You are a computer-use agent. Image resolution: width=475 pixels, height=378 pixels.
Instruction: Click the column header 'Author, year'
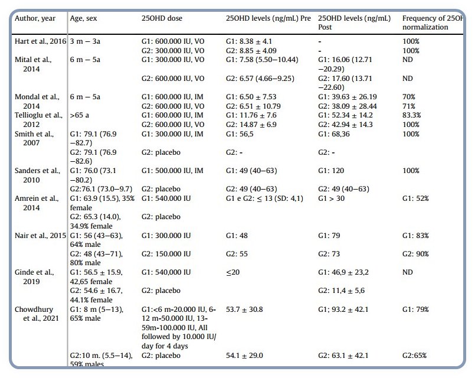click(x=35, y=18)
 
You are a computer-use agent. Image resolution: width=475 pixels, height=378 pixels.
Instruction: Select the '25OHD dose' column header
click(x=162, y=18)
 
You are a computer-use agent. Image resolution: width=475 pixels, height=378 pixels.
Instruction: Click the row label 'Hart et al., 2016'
click(x=40, y=42)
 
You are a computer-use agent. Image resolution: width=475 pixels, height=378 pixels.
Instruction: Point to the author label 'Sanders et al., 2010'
click(x=37, y=175)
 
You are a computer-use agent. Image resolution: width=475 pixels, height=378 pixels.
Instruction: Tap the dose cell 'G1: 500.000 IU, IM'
click(x=175, y=171)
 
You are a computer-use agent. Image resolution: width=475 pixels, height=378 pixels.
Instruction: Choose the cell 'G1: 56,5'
click(x=243, y=134)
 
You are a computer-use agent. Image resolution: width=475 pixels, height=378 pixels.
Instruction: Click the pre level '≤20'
click(x=234, y=272)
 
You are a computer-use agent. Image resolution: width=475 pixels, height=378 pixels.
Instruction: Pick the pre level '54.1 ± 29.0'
click(x=247, y=355)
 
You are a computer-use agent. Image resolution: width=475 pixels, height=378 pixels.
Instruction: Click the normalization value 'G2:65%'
click(x=414, y=355)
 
